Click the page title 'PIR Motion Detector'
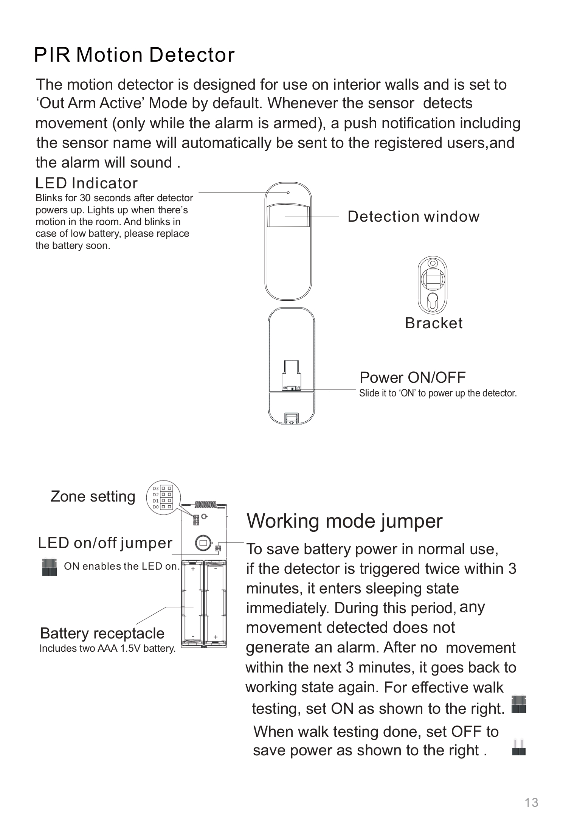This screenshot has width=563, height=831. (x=134, y=55)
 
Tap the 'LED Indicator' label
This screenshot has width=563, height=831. (x=86, y=183)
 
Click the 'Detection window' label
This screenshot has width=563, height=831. (x=413, y=217)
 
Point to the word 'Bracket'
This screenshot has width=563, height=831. (x=434, y=323)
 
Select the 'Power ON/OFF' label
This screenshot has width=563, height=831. (x=412, y=377)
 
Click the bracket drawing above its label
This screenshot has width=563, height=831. (x=433, y=285)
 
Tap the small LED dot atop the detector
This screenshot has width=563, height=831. (x=288, y=193)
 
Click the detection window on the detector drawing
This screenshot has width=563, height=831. (x=288, y=216)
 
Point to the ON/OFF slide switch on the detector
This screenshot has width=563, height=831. (x=292, y=388)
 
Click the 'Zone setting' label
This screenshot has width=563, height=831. (x=93, y=497)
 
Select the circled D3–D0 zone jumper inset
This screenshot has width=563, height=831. (x=163, y=497)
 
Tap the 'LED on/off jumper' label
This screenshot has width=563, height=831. (x=105, y=543)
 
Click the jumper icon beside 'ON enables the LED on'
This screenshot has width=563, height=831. (x=49, y=567)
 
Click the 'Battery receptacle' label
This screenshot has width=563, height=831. (x=102, y=633)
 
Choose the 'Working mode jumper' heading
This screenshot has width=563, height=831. (x=344, y=521)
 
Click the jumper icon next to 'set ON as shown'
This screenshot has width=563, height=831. (x=518, y=704)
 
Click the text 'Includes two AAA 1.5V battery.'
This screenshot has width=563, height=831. (x=107, y=649)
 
